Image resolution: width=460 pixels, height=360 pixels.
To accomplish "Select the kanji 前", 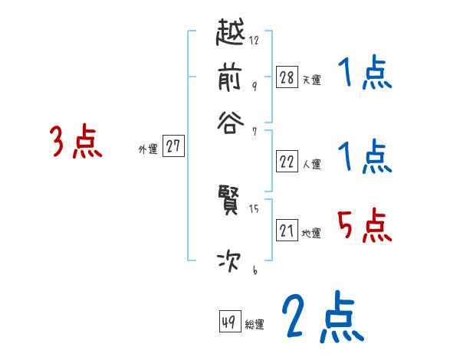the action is pyautogui.click(x=232, y=77).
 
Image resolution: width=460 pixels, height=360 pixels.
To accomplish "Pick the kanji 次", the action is pyautogui.click(x=232, y=260).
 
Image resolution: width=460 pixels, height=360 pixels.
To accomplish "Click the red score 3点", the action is pyautogui.click(x=76, y=142).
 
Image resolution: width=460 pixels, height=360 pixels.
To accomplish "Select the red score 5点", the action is pyautogui.click(x=364, y=226).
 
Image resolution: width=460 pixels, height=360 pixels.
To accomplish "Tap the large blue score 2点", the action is pyautogui.click(x=321, y=316).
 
